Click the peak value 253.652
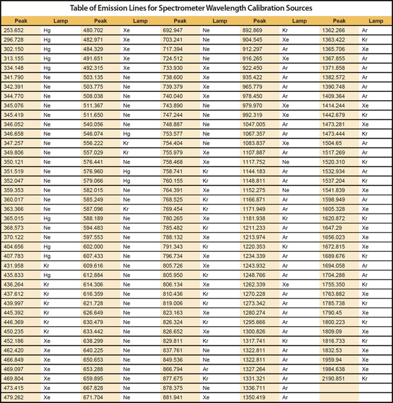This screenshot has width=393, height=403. [14, 30]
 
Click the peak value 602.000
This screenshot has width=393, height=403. [94, 247]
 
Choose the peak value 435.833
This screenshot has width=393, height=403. [14, 275]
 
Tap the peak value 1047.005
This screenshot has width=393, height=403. [254, 125]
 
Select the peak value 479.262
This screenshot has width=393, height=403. [14, 397]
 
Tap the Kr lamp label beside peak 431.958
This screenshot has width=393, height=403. [47, 265]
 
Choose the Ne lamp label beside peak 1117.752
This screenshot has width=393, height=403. [286, 162]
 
